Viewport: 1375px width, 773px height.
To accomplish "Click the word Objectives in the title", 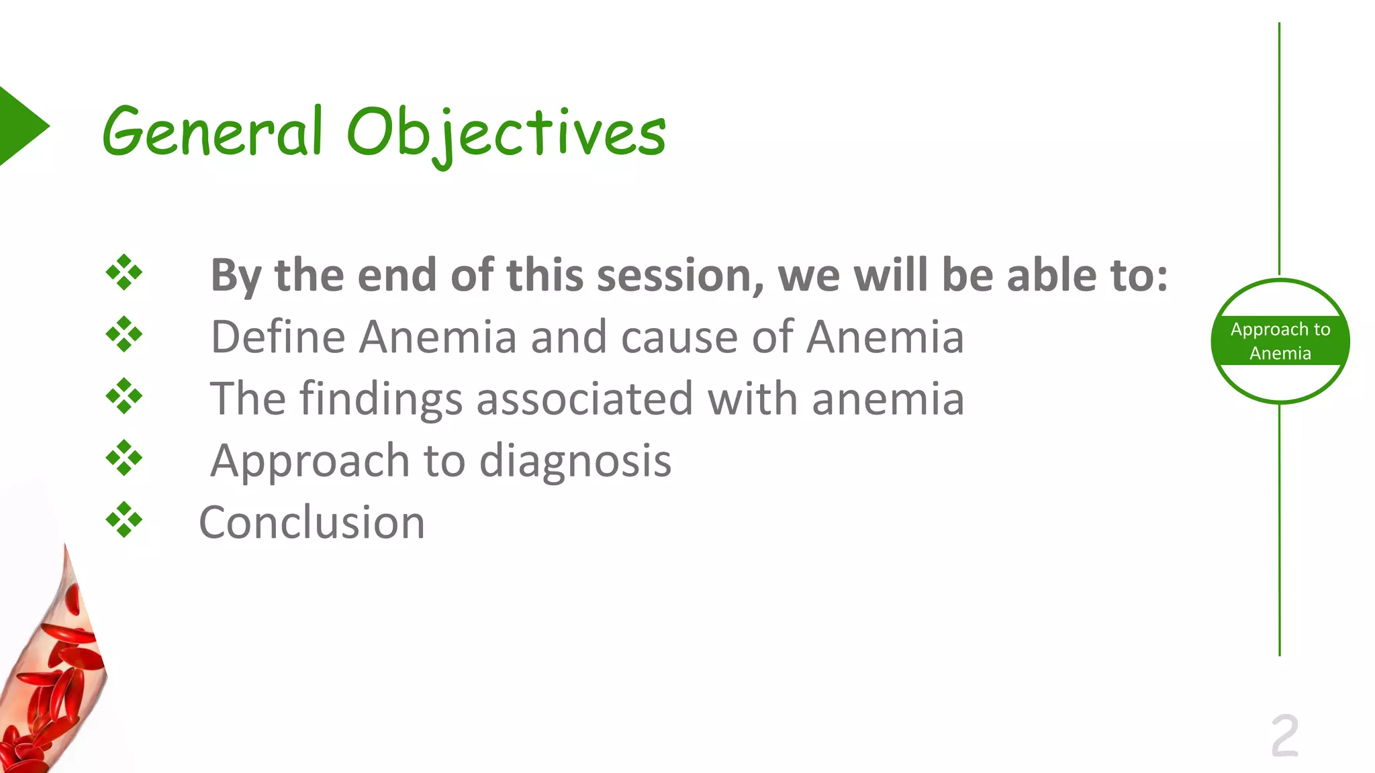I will pos(506,134).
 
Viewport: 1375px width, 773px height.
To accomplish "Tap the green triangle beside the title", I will pos(20,125).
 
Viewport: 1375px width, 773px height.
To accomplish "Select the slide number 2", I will pos(1284,736).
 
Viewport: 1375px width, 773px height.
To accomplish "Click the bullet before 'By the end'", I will pos(124,272).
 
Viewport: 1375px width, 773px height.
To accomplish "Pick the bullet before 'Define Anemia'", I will pos(124,334).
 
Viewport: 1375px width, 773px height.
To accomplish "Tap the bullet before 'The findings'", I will pos(124,396).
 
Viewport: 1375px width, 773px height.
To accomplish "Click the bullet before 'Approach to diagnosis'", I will pos(124,458).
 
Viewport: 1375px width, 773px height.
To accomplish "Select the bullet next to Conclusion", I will pos(124,519).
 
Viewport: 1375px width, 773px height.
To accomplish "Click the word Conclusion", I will pos(312,523).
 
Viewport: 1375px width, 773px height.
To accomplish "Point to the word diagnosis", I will pos(575,462).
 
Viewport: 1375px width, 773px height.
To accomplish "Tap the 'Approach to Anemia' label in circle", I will pos(1280,341).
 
